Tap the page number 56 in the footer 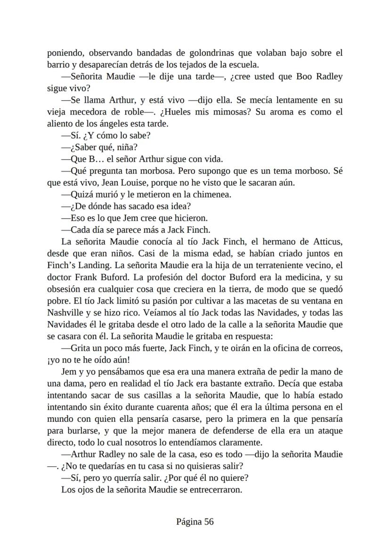(x=209, y=521)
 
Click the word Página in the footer (x=188, y=521)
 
